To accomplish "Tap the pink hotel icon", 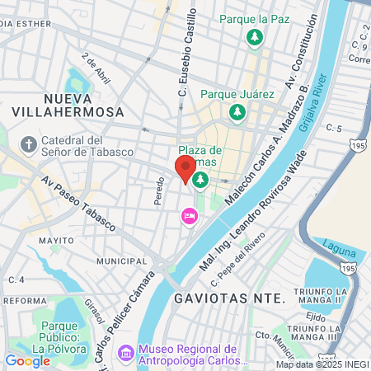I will pos(189,217).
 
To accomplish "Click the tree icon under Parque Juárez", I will pos(237,111).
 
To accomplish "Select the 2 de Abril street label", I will pos(96,68).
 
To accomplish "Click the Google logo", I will pos(27,360).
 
